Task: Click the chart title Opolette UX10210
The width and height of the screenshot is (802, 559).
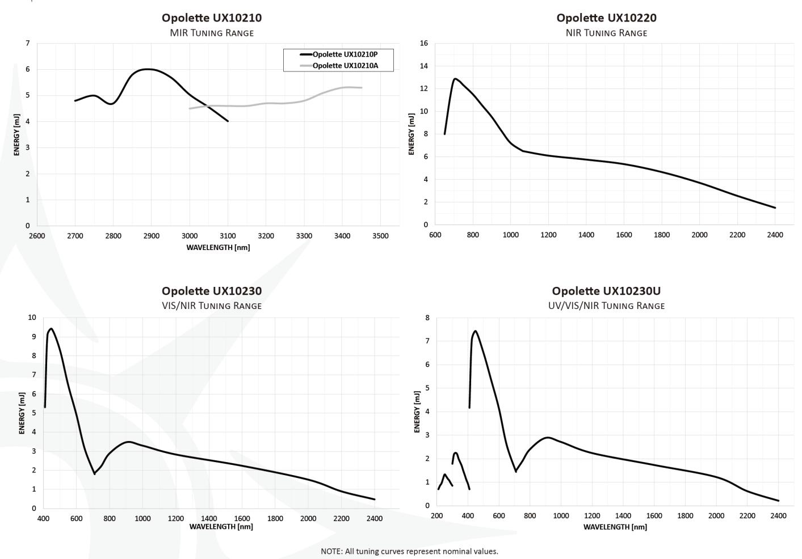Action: (212, 18)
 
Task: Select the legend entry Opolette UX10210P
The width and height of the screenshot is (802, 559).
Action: (345, 54)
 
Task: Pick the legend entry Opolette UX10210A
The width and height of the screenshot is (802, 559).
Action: (345, 66)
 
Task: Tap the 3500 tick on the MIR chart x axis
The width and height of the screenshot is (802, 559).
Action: (380, 236)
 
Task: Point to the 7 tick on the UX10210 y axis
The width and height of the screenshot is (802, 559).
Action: (28, 43)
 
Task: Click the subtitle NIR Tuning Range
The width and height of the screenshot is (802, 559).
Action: (606, 33)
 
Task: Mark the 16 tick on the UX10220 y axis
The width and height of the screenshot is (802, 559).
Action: (423, 43)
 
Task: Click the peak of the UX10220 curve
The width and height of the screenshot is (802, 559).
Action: (455, 79)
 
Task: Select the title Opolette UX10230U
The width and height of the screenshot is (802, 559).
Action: (606, 291)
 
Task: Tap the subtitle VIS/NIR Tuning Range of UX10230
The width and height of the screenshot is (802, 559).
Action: (212, 306)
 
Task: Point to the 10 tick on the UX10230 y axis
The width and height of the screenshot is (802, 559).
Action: (32, 317)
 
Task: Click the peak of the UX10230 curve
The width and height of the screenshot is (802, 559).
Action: (51, 328)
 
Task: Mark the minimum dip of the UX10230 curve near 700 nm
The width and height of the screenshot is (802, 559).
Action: (94, 473)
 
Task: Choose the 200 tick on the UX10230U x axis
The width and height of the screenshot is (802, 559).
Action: (436, 515)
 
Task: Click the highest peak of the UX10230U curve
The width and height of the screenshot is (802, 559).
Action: (475, 331)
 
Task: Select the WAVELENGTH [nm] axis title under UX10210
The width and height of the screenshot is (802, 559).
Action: (218, 247)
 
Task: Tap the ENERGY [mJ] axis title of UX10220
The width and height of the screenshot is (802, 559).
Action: (411, 134)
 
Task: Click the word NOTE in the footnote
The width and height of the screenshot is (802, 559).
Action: (331, 551)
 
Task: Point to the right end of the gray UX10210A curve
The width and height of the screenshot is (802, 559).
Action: (362, 87)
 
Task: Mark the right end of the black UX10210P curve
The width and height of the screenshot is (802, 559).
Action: (228, 121)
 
